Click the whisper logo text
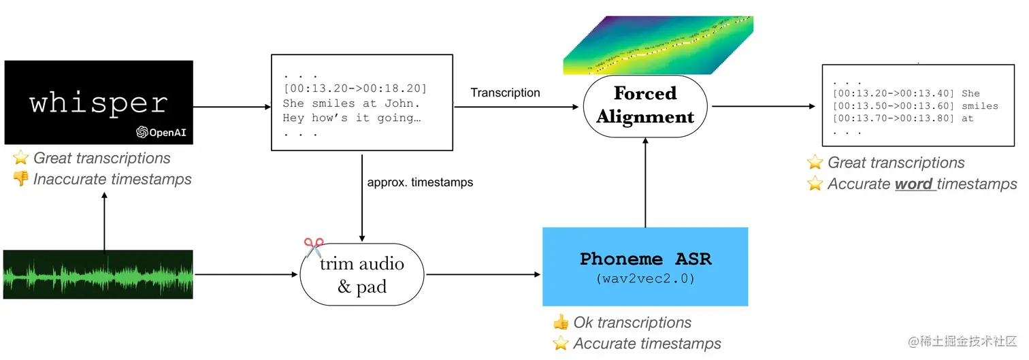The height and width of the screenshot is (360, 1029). click(99, 103)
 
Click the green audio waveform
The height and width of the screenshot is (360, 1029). click(98, 274)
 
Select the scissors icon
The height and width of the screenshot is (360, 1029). click(314, 247)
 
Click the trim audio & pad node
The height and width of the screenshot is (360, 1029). click(361, 274)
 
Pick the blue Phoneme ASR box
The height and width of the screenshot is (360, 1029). click(644, 266)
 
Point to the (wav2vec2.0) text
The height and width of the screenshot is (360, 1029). click(644, 278)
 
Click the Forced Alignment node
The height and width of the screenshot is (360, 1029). click(645, 105)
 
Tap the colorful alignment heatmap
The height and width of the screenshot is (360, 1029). click(657, 44)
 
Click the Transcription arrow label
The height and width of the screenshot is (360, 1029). click(505, 93)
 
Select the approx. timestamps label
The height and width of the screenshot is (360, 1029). click(420, 182)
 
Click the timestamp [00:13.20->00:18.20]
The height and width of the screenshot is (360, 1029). click(355, 89)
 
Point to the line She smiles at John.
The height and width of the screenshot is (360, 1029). click(351, 103)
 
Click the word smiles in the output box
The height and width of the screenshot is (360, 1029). click(981, 105)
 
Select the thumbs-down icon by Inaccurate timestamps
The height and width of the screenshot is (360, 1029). click(21, 179)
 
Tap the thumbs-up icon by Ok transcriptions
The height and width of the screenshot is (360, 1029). click(560, 323)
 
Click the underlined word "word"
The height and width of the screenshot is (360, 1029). click(913, 184)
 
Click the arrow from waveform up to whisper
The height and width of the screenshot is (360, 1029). click(104, 220)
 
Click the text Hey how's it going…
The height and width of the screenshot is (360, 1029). click(352, 118)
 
